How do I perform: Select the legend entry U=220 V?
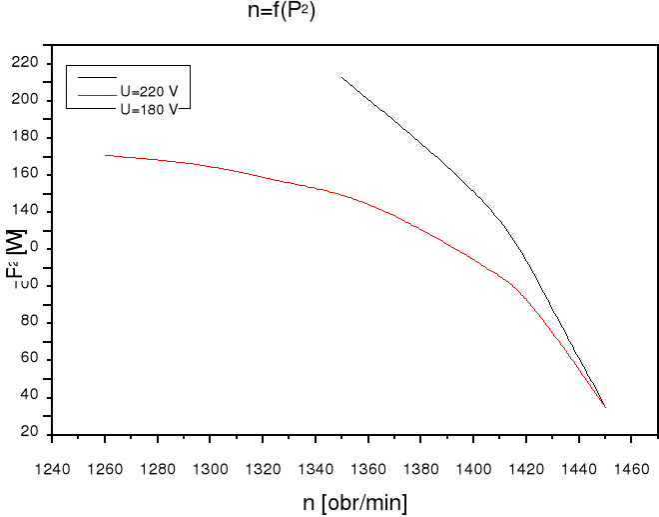(x=149, y=90)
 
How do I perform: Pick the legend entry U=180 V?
(x=149, y=107)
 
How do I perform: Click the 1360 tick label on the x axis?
(x=367, y=466)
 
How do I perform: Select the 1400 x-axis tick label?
(x=473, y=466)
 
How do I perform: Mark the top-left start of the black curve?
(x=341, y=77)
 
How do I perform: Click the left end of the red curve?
(x=106, y=155)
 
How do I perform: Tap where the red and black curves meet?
(x=604, y=406)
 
